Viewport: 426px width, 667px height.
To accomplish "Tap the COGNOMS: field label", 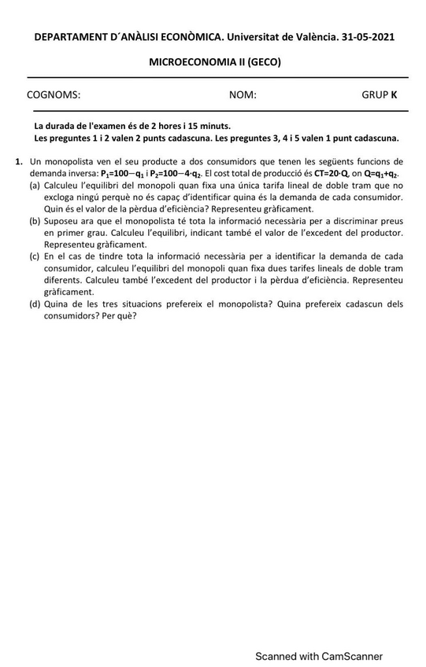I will point(54,95).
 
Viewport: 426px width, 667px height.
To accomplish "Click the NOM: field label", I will point(243,95).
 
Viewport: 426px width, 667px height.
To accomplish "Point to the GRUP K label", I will point(380,95).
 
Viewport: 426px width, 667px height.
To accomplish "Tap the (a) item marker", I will point(35,185).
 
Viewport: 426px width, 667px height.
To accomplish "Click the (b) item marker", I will point(35,221).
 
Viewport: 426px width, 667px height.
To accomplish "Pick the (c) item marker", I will point(35,256).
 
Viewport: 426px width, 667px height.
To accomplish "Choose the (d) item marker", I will point(35,304).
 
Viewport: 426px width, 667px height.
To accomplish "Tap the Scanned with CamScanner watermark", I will point(318,656).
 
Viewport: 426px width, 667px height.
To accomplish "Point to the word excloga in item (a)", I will point(61,197).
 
